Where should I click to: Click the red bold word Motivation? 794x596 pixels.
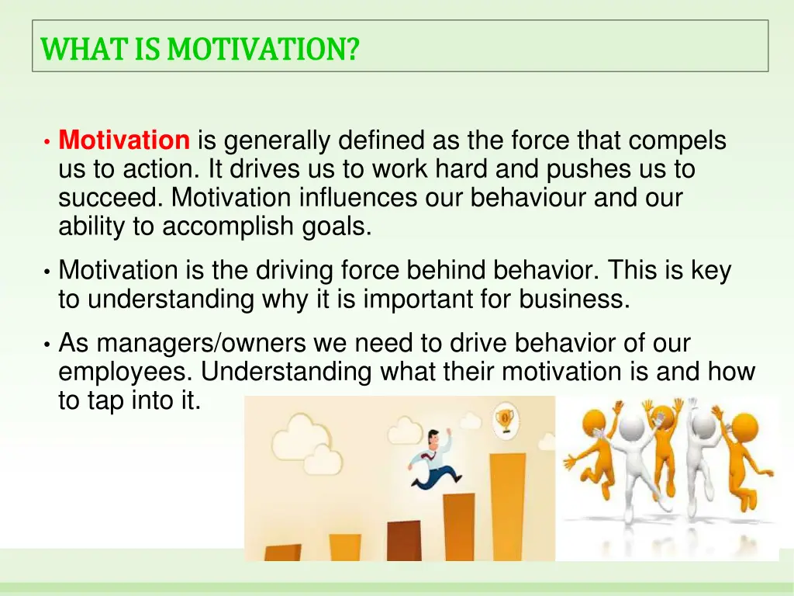(x=124, y=141)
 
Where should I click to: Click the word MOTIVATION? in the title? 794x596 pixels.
(x=264, y=49)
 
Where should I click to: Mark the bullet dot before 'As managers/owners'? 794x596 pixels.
(x=47, y=344)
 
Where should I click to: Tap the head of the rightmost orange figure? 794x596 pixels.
(x=744, y=427)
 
